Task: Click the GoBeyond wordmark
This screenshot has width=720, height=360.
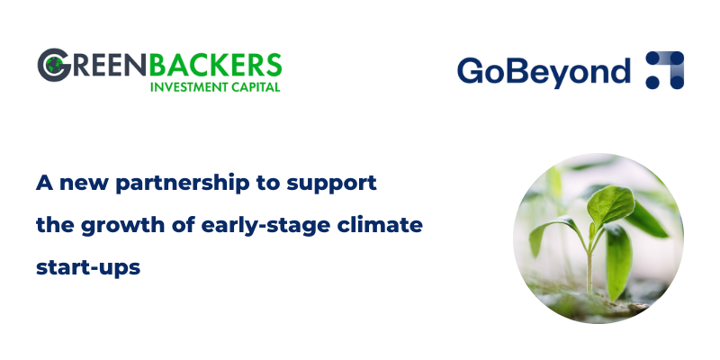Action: coord(543,71)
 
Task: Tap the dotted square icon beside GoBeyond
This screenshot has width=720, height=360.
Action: coord(665,70)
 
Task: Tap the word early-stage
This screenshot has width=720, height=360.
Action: coord(264,225)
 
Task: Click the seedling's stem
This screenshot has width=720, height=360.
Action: coord(590,261)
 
